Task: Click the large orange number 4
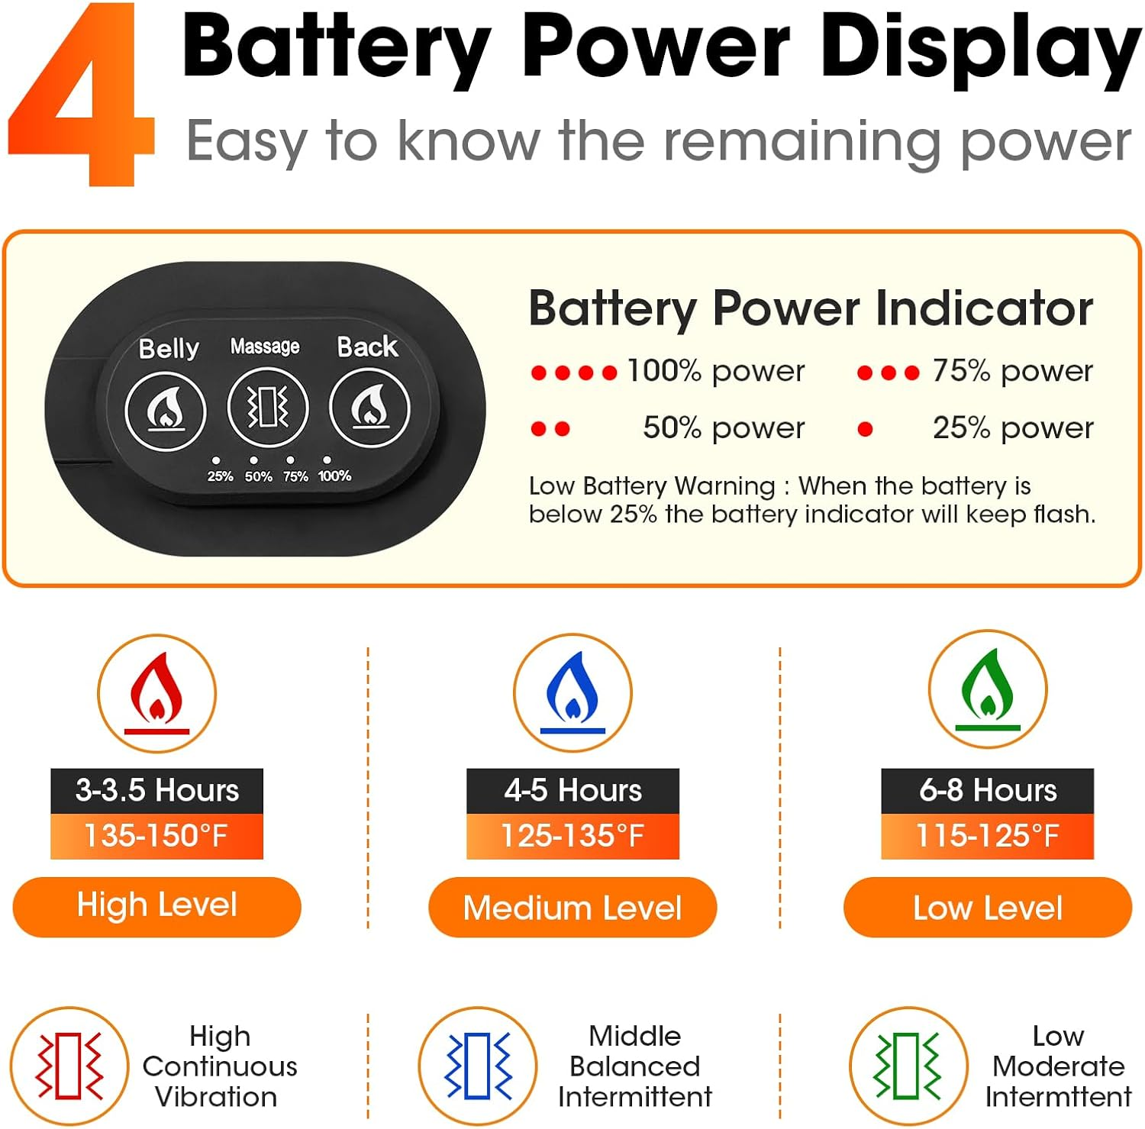coord(82,95)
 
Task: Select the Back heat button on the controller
coord(369,408)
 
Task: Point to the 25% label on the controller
coord(220,476)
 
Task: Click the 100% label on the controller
coord(334,476)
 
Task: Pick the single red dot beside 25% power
coord(865,429)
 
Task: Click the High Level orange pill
coord(157,907)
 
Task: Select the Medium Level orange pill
coord(572,907)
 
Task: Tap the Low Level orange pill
coord(988,907)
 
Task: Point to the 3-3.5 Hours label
coord(157,791)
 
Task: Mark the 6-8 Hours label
coord(988,791)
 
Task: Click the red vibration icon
coord(69,1066)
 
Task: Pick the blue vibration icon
coord(478,1066)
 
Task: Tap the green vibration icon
coord(908,1066)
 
